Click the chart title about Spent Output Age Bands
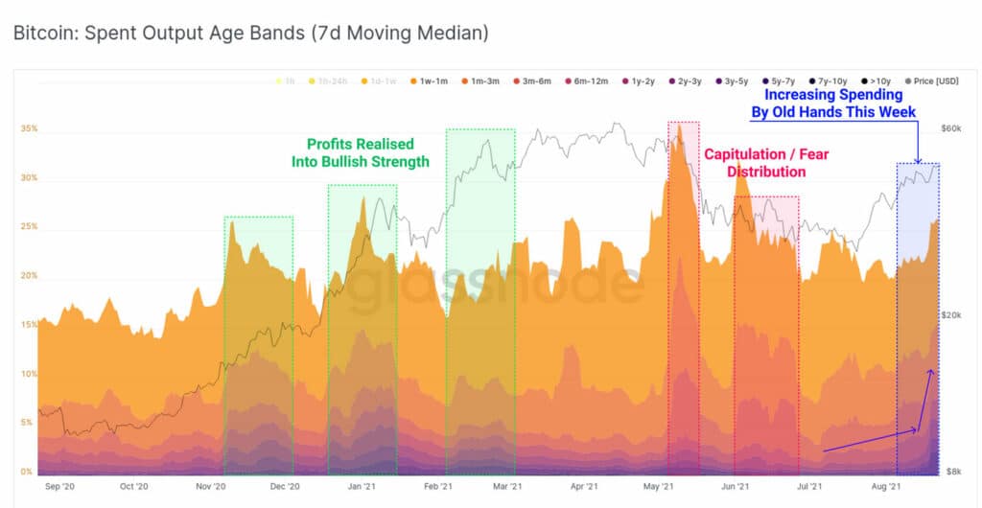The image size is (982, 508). (251, 34)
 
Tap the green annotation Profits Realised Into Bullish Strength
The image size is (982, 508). (361, 153)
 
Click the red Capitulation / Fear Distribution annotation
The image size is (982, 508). (765, 163)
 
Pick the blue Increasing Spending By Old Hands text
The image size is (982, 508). (833, 104)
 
